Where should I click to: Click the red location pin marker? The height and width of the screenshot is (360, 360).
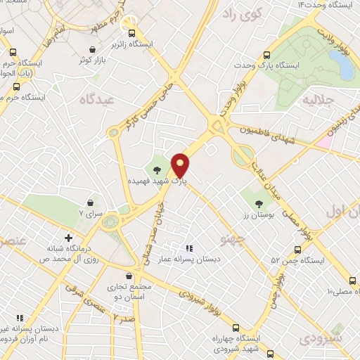coord(181,166)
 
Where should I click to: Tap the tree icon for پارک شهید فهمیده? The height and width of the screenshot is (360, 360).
coord(158,170)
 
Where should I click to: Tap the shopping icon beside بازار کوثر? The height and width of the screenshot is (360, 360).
coord(94,49)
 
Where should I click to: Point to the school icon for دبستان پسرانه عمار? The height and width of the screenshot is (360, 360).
coord(188,248)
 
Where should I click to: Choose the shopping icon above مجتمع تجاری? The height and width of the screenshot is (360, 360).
coord(128,276)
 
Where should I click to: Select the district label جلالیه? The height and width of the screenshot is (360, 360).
coord(316,101)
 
